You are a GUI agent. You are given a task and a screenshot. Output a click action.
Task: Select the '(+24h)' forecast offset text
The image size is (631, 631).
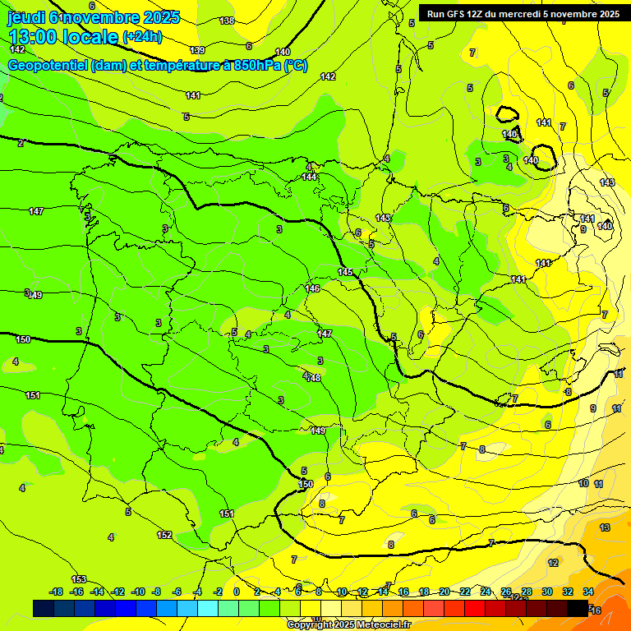[141, 37]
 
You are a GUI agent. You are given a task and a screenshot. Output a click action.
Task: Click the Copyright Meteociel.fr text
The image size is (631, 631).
[348, 624]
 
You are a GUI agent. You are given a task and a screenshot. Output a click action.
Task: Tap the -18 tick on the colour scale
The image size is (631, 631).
[57, 592]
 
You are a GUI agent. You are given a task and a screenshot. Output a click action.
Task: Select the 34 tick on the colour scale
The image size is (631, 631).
[588, 592]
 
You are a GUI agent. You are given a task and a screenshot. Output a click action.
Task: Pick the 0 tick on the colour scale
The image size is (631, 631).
[237, 592]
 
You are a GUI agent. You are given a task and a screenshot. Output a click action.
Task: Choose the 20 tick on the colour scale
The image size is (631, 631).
[444, 592]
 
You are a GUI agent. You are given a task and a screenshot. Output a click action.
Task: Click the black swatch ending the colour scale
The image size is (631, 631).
[578, 608]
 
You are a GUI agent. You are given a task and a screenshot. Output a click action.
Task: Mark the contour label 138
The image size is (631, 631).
[227, 21]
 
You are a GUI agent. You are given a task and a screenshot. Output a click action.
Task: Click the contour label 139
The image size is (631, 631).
[197, 51]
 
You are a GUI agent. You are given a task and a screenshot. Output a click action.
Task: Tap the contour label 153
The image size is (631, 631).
[79, 579]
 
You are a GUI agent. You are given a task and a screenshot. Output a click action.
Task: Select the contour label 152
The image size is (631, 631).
[164, 535]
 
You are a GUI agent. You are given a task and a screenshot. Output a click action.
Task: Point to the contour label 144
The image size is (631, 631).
[309, 177]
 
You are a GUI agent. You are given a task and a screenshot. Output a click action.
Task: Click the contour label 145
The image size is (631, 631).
[345, 272]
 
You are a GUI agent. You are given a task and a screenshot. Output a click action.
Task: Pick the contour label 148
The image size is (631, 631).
[313, 377]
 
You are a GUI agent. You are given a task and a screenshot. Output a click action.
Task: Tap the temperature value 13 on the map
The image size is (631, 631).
[605, 527]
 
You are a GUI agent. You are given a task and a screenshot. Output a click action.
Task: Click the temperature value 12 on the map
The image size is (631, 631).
[553, 563]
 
